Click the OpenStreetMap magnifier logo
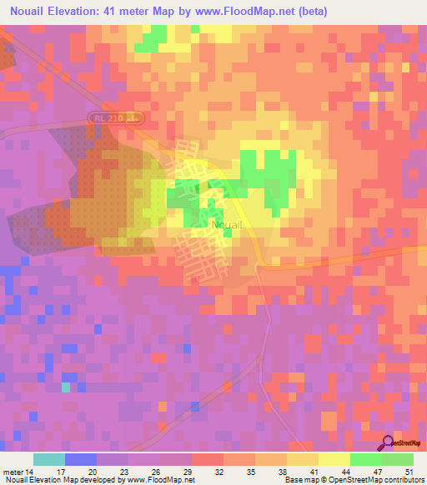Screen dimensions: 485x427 pyautogui.click(x=388, y=442)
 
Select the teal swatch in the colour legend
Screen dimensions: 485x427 pyautogui.click(x=48, y=459)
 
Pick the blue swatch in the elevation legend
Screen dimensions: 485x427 pyautogui.click(x=80, y=459)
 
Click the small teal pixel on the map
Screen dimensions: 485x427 pyautogui.click(x=66, y=387)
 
